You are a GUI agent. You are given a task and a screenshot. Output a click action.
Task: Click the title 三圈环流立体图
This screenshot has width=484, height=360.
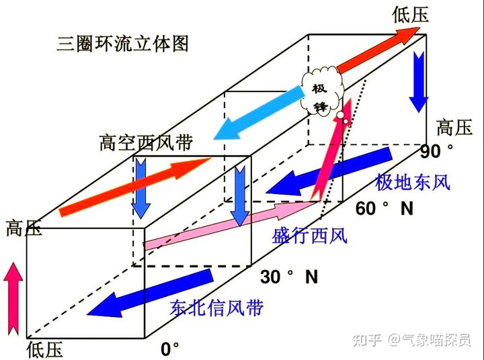click(x=122, y=44)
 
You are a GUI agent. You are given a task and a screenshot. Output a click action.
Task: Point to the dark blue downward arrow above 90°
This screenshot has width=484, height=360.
click(x=418, y=80)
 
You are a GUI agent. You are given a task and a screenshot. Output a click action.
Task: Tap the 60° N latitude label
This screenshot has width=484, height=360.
click(x=383, y=209)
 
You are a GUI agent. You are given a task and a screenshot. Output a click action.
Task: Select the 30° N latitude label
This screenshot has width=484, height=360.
click(x=289, y=276)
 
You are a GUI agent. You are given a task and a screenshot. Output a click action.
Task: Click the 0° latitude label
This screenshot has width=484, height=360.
click(x=170, y=349)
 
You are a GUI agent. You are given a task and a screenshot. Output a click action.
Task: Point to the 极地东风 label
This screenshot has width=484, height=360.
click(x=412, y=181)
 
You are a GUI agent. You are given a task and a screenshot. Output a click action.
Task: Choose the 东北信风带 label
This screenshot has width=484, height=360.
click(x=216, y=308)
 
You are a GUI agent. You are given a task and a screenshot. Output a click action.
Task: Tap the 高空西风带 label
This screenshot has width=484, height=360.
click(x=146, y=143)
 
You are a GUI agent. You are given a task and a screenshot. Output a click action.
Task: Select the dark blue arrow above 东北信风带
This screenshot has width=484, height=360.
click(x=151, y=296)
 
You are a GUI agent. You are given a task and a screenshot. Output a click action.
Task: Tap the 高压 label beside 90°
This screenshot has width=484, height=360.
click(x=454, y=128)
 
